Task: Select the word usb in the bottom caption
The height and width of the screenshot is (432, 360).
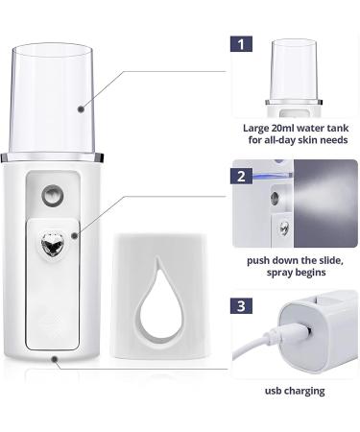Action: point(276,390)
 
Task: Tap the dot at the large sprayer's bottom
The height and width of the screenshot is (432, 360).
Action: point(56,360)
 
